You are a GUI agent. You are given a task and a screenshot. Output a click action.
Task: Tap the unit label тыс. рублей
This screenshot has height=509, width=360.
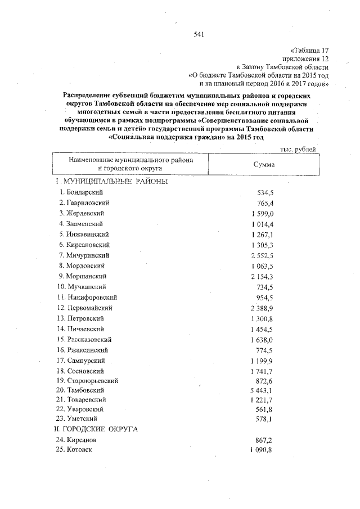tap(298, 149)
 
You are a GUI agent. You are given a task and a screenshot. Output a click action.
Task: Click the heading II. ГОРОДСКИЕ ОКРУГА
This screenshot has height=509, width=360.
tap(96, 429)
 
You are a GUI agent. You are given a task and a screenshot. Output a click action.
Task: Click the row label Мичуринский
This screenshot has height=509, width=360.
tap(87, 255)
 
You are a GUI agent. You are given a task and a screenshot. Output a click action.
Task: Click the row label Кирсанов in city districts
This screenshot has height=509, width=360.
tap(81, 440)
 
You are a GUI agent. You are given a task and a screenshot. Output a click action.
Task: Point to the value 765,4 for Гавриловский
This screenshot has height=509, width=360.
tap(264, 202)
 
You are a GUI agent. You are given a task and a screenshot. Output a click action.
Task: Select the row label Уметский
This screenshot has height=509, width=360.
tap(83, 418)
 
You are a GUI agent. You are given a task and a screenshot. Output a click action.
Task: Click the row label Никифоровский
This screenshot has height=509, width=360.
tap(89, 298)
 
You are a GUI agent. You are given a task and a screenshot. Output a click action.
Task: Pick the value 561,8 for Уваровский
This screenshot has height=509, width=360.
tap(264, 408)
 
